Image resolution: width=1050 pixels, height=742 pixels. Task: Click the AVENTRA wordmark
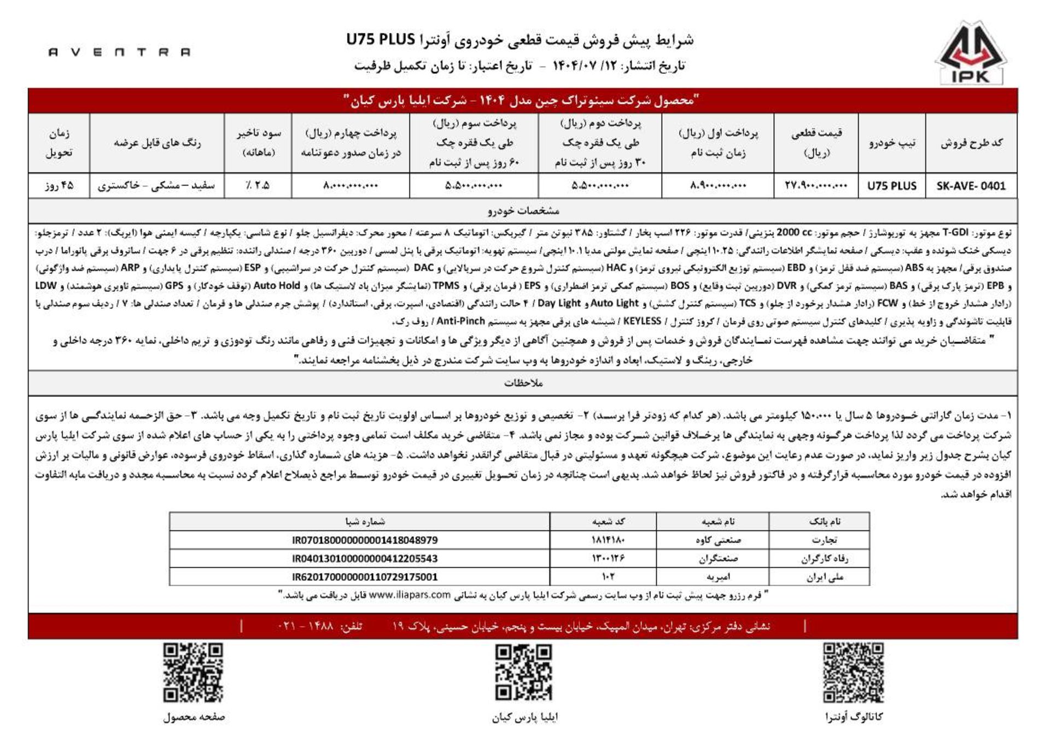(x=119, y=52)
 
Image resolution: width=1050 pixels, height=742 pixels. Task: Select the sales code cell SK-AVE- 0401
(x=971, y=186)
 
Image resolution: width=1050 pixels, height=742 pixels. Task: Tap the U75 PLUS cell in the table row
(x=891, y=186)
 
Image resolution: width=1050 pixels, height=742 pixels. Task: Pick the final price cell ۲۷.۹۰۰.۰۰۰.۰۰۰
(x=815, y=186)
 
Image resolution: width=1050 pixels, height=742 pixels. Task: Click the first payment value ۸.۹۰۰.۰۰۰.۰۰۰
(x=717, y=186)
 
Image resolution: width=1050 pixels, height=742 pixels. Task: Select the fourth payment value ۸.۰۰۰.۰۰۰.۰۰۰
(x=351, y=186)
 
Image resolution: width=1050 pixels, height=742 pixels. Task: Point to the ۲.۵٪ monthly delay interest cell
(x=258, y=186)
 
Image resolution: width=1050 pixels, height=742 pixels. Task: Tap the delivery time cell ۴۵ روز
(x=59, y=186)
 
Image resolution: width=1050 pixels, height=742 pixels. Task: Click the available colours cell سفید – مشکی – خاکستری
(x=156, y=186)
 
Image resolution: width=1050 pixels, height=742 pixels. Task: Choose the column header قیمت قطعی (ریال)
(x=815, y=143)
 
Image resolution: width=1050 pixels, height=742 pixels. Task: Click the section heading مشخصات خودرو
(x=523, y=211)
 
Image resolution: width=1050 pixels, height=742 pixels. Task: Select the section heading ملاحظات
(x=523, y=383)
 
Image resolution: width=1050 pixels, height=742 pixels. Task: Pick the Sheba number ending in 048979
(x=365, y=540)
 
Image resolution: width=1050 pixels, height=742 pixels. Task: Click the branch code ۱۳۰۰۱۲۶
(x=608, y=558)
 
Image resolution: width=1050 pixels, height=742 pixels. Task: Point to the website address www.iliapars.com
(x=410, y=595)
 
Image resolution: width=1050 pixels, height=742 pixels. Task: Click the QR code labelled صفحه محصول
(x=193, y=673)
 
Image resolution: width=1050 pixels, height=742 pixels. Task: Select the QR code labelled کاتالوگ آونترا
(x=853, y=673)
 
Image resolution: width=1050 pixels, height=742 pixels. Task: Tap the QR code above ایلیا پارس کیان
(x=523, y=673)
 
